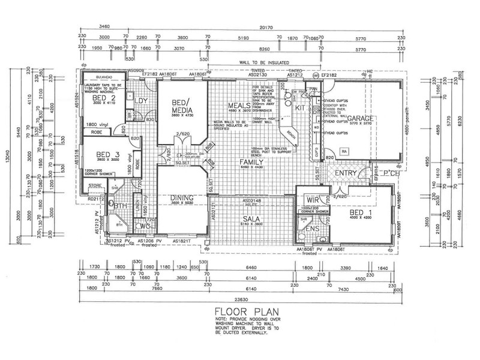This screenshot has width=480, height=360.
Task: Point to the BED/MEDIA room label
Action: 181,106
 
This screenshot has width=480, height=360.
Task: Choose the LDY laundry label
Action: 142,101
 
